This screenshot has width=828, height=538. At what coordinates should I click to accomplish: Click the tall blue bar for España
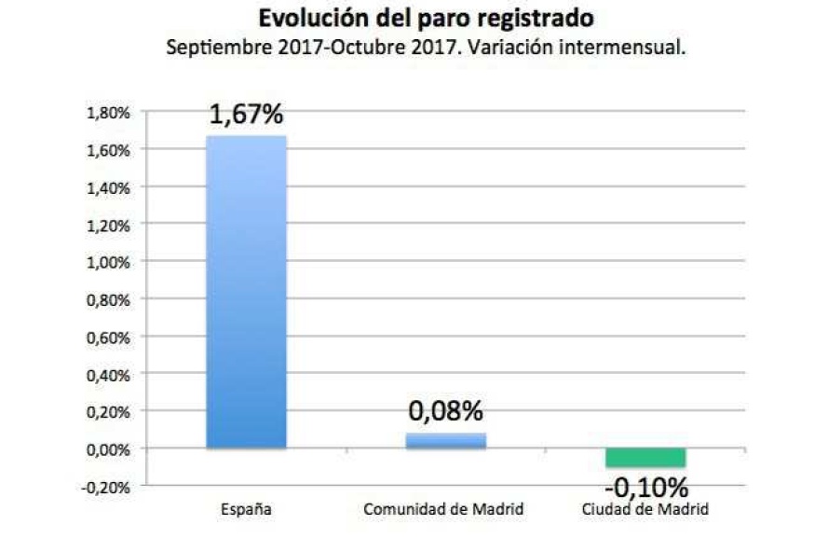[x=246, y=292]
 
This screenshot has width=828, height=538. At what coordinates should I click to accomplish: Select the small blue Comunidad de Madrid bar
[x=446, y=440]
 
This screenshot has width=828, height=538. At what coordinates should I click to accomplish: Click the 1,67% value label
[x=246, y=116]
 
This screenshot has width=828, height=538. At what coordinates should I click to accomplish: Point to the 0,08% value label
[x=446, y=412]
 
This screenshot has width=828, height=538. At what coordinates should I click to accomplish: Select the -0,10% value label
[x=645, y=487]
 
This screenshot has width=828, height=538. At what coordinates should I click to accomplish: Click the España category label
[x=246, y=510]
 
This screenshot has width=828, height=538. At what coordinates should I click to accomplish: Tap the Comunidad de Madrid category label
[x=444, y=510]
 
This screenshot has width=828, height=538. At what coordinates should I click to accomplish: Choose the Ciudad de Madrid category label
[x=645, y=510]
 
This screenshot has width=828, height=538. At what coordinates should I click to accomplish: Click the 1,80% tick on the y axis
[x=109, y=113]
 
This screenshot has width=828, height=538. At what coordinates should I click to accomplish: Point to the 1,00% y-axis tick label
[x=109, y=262]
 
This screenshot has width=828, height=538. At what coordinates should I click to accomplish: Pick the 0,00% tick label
[x=109, y=448]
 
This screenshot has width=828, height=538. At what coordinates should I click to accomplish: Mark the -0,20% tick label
[x=107, y=486]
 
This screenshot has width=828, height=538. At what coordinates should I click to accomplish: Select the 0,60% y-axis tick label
[x=109, y=337]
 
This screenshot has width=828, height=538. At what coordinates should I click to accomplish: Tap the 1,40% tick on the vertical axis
[x=109, y=187]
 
